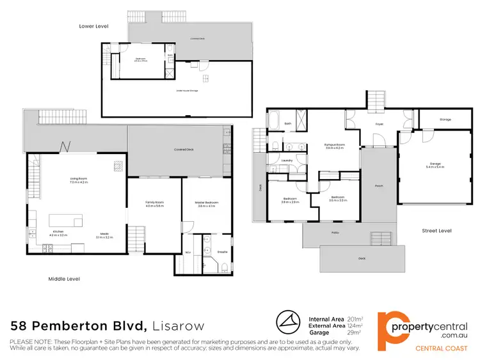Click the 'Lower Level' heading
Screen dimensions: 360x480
point(93,26)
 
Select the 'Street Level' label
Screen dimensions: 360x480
point(437,230)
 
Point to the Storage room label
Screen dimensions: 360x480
point(445,120)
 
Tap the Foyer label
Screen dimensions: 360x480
point(379,125)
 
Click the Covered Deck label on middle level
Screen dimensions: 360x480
point(184,150)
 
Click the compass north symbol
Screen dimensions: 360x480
point(289,320)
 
